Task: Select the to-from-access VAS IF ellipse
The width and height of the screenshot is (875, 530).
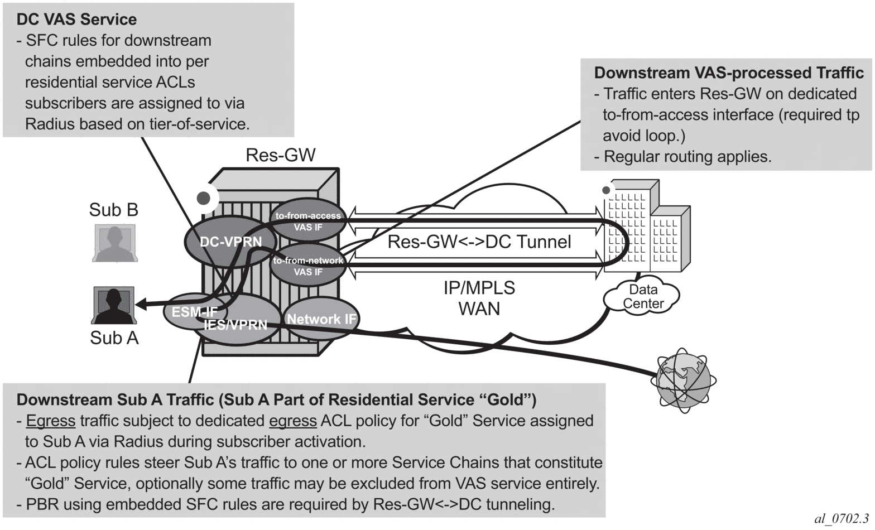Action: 308,221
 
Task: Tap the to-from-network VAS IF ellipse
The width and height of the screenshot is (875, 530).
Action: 308,266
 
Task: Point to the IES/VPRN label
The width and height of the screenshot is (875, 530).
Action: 235,325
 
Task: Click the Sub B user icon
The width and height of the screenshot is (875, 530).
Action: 114,243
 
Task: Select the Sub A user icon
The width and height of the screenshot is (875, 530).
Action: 114,306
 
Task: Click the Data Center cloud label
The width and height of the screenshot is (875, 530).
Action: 643,297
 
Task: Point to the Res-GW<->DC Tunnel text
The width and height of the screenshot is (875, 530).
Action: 479,242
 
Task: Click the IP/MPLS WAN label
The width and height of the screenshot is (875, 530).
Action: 479,298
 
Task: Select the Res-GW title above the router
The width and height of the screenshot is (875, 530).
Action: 281,155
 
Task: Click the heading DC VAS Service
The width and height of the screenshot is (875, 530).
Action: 76,20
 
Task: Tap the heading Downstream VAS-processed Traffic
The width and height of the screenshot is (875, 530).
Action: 728,73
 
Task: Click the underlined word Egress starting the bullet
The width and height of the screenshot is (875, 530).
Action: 51,421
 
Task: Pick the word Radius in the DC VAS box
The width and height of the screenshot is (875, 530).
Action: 49,124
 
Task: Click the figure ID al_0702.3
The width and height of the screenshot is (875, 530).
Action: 842,519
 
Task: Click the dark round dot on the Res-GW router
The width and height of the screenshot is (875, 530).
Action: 204,197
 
